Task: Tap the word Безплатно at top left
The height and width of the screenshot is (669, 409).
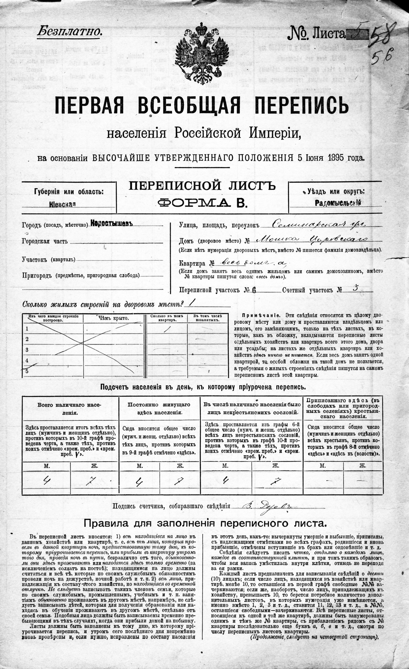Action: tap(70, 32)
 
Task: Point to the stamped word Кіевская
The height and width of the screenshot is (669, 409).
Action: tap(63, 204)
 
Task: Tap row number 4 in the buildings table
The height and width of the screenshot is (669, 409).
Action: tap(27, 361)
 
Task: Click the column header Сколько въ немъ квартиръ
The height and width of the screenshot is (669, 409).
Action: tap(167, 318)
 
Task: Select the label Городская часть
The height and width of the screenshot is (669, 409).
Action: tap(45, 241)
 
